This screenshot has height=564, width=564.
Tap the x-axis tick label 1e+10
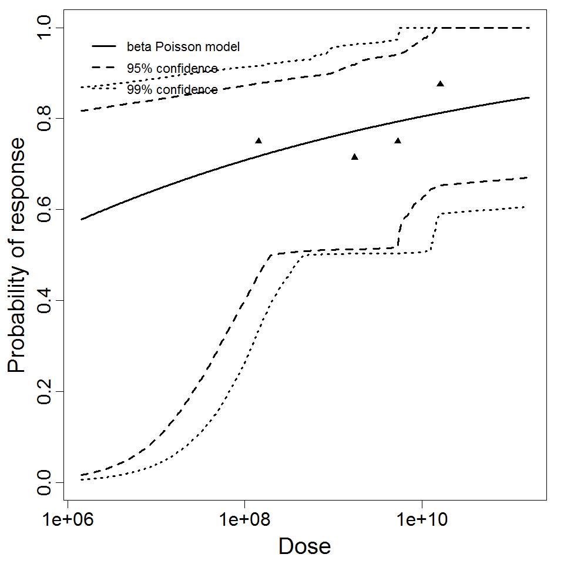coord(421,520)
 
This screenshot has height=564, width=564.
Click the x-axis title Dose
coord(304,546)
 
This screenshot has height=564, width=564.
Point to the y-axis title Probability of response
coord(17,256)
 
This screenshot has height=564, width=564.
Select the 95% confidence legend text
coord(172,68)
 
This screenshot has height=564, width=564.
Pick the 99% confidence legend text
coord(172,90)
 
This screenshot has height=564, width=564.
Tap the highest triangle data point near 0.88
coord(440,83)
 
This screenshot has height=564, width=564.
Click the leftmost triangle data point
coord(258,140)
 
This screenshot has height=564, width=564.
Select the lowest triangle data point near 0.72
coord(354,156)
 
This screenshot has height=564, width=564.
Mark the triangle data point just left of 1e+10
coord(398,140)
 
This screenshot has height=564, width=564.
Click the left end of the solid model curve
coord(82,219)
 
